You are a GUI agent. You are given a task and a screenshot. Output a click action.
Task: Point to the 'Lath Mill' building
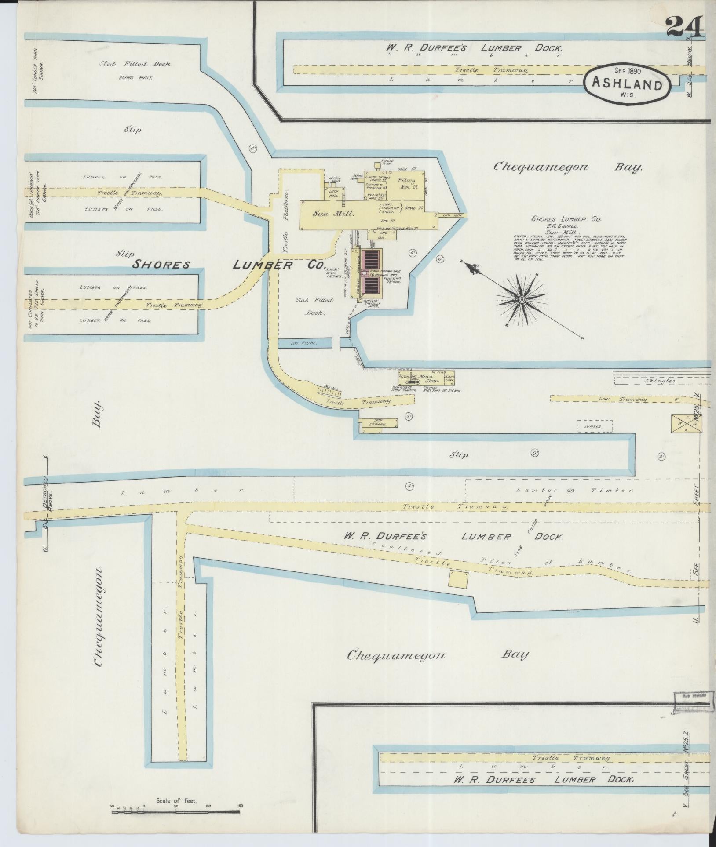coord(334,193)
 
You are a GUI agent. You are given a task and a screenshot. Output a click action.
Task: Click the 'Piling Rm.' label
coord(406,184)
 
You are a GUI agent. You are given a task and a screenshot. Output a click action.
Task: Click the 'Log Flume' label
coord(304,343)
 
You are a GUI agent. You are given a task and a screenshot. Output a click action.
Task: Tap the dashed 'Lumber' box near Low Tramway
coord(595,426)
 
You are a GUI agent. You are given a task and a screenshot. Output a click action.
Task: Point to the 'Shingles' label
coord(660,381)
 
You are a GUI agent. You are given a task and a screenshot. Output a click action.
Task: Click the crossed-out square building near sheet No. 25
coord(686,423)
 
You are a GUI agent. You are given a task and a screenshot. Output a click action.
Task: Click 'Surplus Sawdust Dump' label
coord(373,303)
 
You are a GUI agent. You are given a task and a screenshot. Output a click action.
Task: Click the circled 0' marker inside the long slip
coord(535,453)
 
